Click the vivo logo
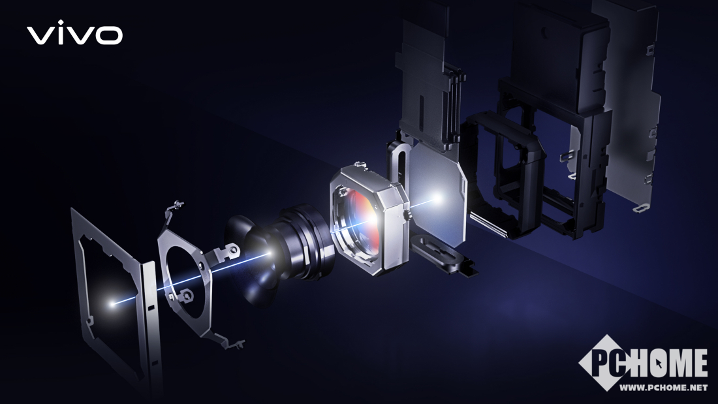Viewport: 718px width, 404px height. pos(74,33)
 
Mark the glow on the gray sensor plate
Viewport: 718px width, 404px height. pos(437,198)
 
